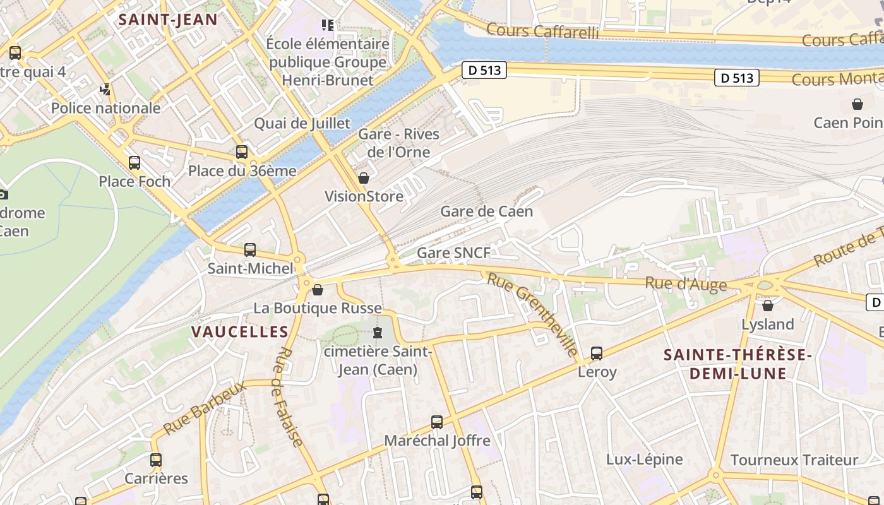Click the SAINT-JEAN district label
(x=168, y=19)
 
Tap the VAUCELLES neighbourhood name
(x=240, y=331)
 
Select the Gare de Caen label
(x=486, y=211)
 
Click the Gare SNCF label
(x=453, y=253)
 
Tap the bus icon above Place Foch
(x=134, y=163)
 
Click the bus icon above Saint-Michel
(x=250, y=250)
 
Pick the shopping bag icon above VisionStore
(x=364, y=179)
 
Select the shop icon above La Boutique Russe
(x=318, y=290)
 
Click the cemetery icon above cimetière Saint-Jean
(x=378, y=332)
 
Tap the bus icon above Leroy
(x=597, y=353)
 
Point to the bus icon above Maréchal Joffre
(x=437, y=422)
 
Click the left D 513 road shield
(x=485, y=70)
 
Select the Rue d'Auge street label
(x=686, y=284)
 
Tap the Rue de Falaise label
(x=288, y=396)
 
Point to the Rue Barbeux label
(x=203, y=408)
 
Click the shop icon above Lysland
(x=768, y=306)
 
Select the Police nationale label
(x=105, y=108)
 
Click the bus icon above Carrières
(x=156, y=460)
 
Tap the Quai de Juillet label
(x=302, y=123)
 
